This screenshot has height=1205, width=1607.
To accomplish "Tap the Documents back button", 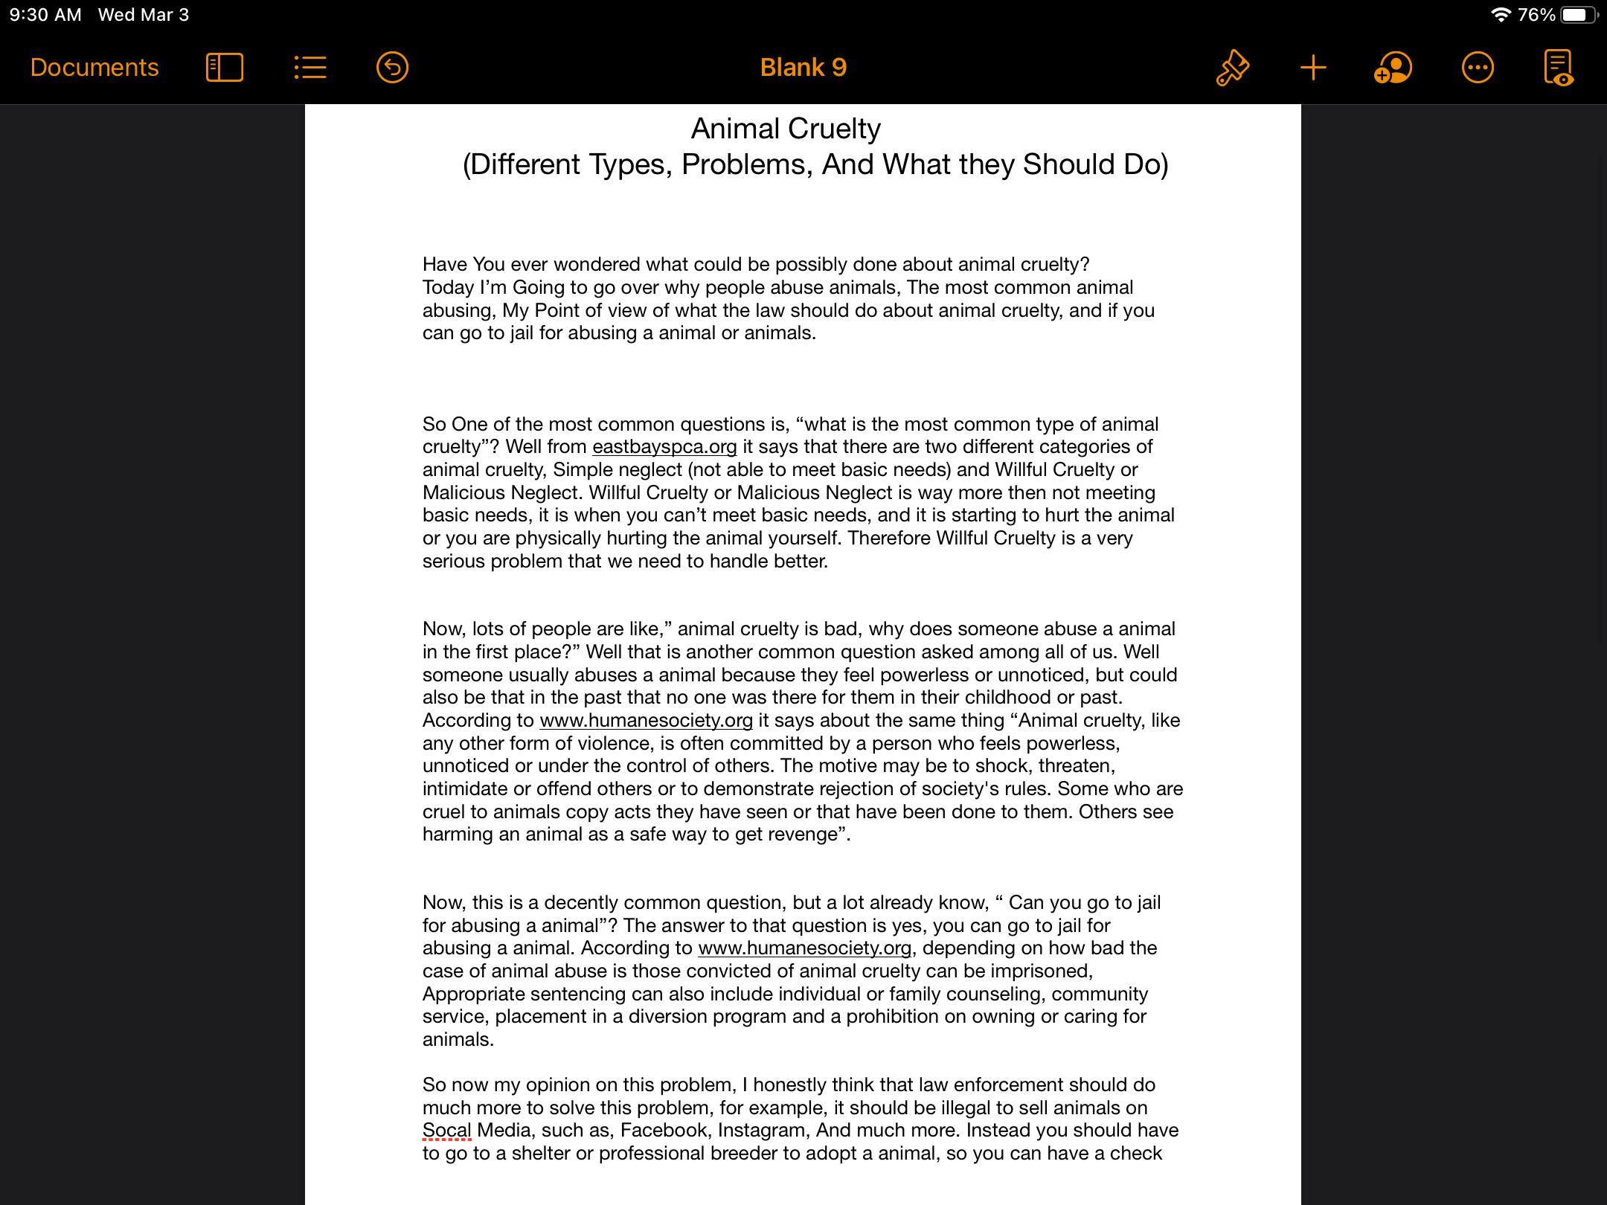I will [94, 68].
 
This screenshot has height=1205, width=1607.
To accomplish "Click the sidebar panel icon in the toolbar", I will [225, 68].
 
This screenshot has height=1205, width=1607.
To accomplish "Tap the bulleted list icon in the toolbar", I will [310, 68].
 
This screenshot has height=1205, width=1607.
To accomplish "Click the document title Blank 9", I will [803, 68].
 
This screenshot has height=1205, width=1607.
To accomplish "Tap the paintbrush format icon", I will [1232, 68].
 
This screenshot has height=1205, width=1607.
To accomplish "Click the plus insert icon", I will [1313, 68].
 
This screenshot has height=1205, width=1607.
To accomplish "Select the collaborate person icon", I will [1393, 68].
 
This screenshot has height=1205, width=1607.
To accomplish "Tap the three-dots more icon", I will [1478, 68].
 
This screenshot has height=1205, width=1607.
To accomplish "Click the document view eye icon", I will [1558, 68].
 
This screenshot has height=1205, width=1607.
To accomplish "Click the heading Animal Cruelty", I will [786, 129].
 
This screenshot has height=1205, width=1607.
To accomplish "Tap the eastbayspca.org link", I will [664, 447].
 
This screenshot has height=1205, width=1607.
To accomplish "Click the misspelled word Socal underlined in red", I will [446, 1131].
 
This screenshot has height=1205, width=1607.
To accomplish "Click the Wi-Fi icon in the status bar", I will [1501, 15].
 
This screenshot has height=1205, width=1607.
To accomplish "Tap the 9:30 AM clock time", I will [45, 15].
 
